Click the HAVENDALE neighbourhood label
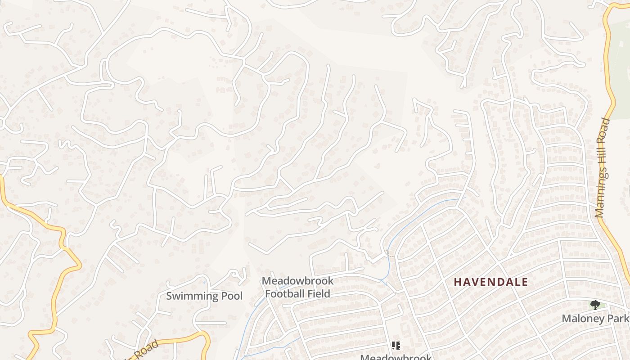490,282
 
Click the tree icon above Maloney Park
595,305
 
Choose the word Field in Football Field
318,294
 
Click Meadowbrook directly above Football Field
297,281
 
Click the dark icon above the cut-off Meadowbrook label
396,346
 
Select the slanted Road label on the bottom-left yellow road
148,349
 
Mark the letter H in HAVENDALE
458,282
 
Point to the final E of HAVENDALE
524,282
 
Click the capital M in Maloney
566,319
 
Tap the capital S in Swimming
170,296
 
